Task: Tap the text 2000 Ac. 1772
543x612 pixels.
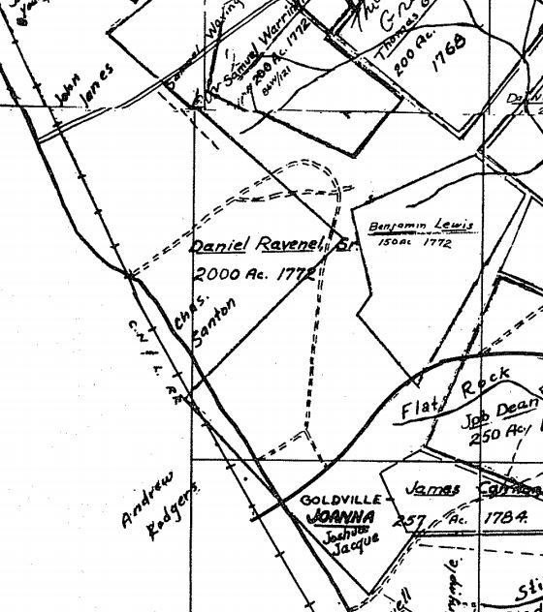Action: tap(255, 274)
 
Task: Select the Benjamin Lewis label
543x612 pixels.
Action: tap(422, 227)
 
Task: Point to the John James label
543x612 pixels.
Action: tap(84, 85)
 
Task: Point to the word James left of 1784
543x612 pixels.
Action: tap(432, 489)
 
